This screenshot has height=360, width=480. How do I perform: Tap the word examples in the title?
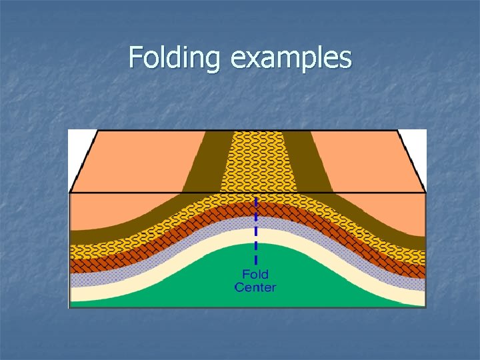click(x=291, y=58)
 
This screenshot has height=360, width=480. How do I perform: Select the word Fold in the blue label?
click(x=255, y=275)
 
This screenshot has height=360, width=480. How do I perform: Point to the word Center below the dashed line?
click(x=255, y=287)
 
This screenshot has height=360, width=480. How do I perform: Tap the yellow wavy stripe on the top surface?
click(x=256, y=160)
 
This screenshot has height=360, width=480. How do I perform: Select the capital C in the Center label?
click(x=239, y=287)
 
